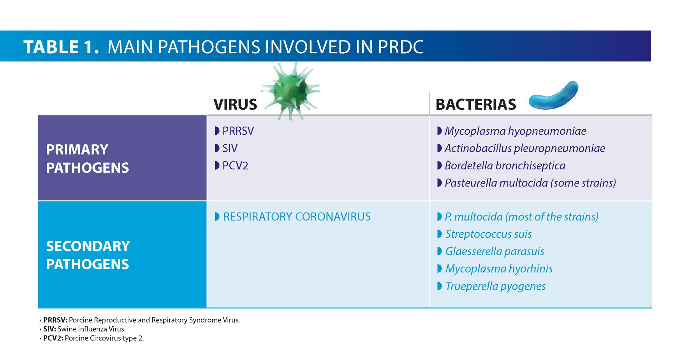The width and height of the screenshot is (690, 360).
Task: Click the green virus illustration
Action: (291, 90)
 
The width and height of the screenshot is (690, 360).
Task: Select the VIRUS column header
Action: (235, 104)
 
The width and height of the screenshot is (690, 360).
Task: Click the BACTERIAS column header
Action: (475, 104)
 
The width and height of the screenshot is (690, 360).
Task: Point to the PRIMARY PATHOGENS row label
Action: (87, 158)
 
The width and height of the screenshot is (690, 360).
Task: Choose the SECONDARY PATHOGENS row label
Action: (88, 255)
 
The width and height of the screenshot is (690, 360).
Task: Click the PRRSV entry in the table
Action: (238, 131)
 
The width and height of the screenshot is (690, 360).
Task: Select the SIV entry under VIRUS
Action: (230, 148)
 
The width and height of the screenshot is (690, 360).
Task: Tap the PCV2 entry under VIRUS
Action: (235, 166)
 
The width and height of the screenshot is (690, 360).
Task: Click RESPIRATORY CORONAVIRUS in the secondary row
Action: (297, 217)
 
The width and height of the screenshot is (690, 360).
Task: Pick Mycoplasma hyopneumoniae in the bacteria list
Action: (515, 131)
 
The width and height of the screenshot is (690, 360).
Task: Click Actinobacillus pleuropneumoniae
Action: (525, 148)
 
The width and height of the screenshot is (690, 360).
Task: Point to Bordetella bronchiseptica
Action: (505, 166)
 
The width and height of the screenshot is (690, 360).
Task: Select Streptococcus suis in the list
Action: (488, 234)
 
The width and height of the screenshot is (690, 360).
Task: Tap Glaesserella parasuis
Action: (495, 251)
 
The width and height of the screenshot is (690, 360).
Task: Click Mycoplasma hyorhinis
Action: (499, 269)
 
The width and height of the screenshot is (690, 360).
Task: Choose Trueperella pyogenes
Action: (495, 286)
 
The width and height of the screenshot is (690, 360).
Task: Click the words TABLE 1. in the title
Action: (61, 47)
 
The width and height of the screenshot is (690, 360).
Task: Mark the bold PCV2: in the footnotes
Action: (53, 338)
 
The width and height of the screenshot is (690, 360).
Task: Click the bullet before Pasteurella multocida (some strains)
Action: (439, 183)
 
